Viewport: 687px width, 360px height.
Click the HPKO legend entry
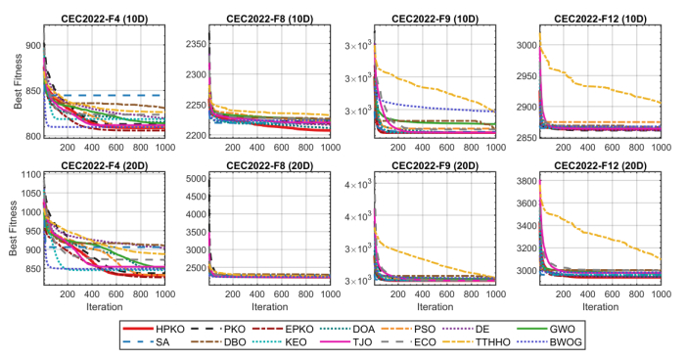[154, 329]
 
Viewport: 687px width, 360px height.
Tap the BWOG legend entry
[549, 342]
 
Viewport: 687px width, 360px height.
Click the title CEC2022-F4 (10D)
[105, 19]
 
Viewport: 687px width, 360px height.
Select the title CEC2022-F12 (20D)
[600, 166]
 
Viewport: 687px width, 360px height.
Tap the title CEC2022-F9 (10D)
[435, 19]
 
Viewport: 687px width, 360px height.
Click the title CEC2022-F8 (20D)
[269, 166]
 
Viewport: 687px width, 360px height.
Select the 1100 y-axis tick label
[30, 174]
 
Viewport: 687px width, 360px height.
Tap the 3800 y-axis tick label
[526, 181]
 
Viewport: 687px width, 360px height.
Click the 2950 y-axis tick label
[526, 76]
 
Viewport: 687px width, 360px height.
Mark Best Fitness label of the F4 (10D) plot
[18, 81]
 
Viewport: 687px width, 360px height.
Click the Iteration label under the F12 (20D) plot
[600, 307]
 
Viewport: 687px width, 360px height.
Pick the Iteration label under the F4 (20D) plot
[105, 307]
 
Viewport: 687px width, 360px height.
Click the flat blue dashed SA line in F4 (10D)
[114, 95]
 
